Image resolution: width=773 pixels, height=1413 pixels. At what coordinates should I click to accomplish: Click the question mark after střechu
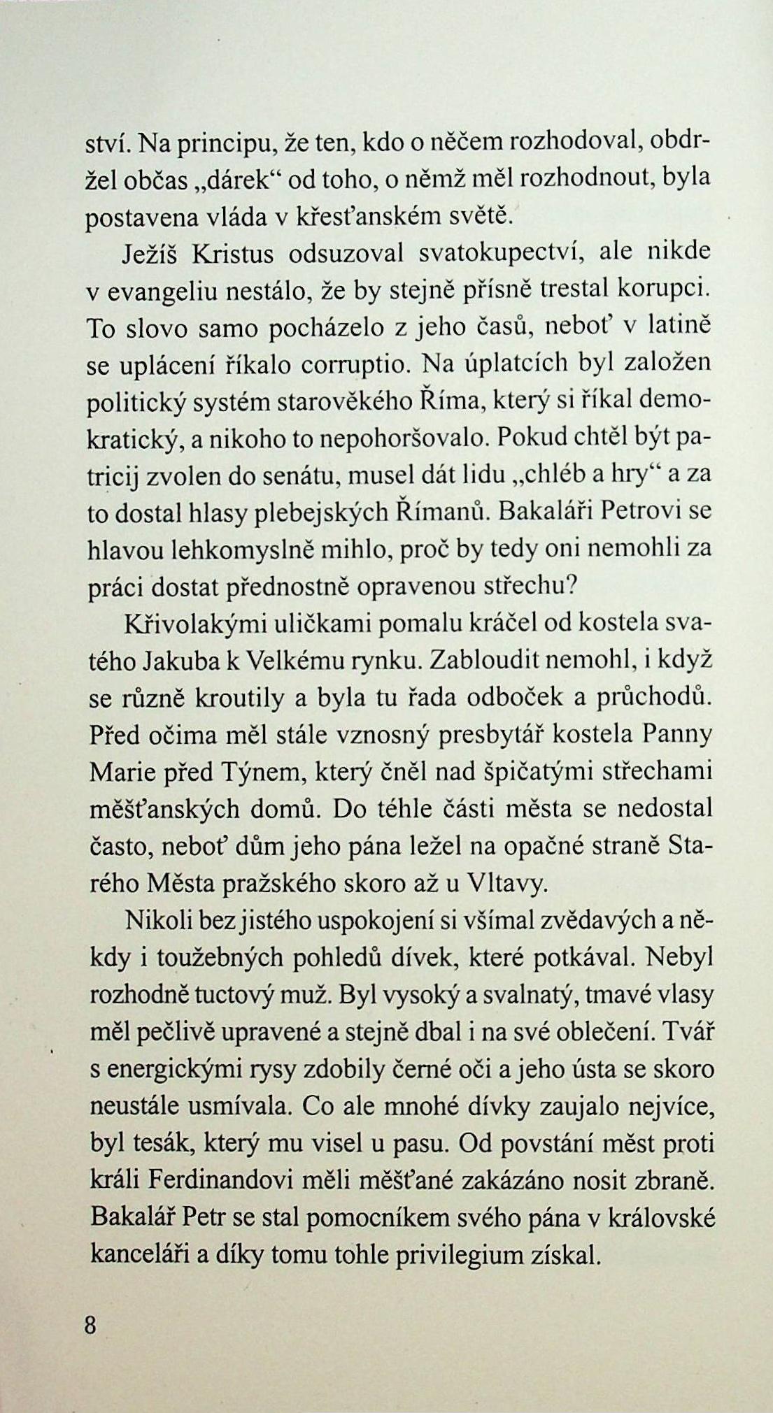[569, 587]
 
